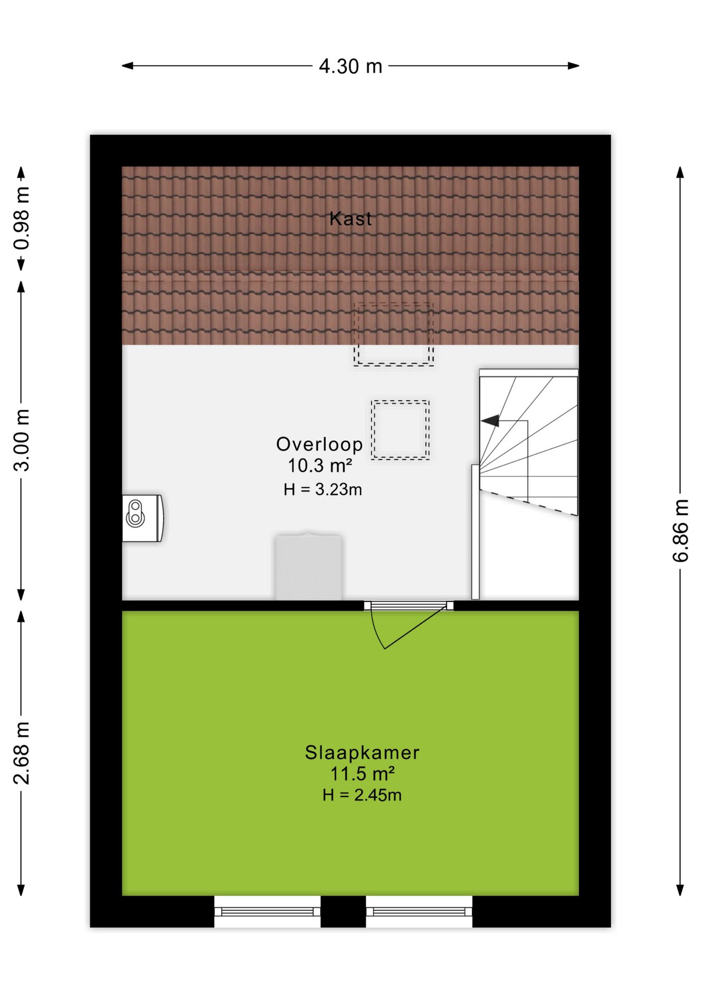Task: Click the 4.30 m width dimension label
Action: tap(351, 66)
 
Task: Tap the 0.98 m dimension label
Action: tap(22, 218)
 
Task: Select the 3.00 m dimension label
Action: tap(22, 440)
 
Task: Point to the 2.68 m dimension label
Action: tap(22, 753)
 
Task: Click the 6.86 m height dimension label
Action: tap(680, 531)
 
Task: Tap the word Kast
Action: tap(351, 219)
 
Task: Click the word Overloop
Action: tap(320, 444)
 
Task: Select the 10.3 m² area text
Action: tap(320, 466)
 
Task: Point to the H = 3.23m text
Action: tap(323, 489)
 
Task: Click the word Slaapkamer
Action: tap(362, 753)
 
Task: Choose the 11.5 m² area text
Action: tap(362, 774)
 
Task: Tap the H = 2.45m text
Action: tap(362, 795)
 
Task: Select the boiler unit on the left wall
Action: tap(143, 518)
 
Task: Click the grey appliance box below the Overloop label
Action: tap(309, 566)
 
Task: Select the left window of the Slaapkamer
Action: tap(267, 912)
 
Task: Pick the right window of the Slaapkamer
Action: tap(419, 912)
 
